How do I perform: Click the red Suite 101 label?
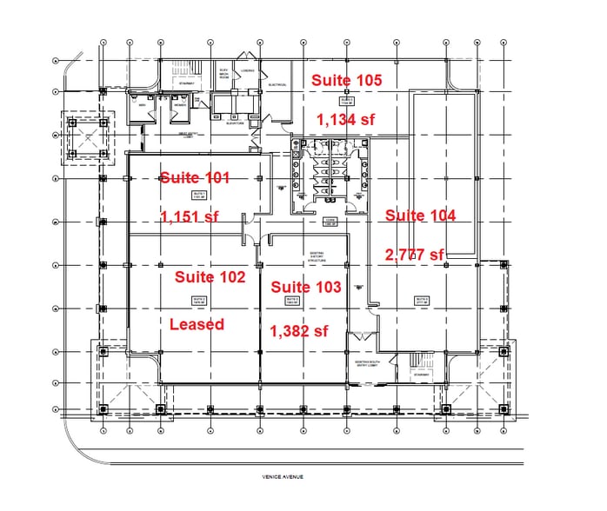click(195, 178)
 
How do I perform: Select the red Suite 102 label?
click(210, 277)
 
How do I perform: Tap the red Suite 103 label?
click(305, 287)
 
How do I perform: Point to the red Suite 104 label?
click(420, 216)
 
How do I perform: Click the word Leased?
click(197, 324)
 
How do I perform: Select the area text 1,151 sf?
click(190, 216)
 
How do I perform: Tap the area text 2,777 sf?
click(415, 254)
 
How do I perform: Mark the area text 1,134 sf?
click(345, 120)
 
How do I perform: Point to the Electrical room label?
click(277, 85)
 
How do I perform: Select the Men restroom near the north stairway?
click(141, 106)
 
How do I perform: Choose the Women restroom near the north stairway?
click(179, 106)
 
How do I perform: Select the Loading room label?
click(248, 71)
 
